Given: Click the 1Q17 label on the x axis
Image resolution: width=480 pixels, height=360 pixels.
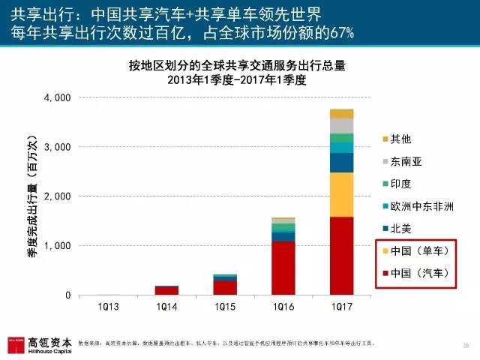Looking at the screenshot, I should coord(341,308).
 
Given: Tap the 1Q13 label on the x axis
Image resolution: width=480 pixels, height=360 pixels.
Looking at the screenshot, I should coord(107,308).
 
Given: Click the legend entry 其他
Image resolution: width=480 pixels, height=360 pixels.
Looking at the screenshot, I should coord(401,139).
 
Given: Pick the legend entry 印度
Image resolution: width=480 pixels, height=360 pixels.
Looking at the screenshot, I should coord(401,184).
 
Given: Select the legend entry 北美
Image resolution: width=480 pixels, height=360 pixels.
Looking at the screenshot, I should coord(401,228).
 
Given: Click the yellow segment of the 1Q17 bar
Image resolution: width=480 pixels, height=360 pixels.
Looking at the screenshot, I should coord(341,194).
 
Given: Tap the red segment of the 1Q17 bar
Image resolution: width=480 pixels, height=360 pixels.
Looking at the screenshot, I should coord(341,256).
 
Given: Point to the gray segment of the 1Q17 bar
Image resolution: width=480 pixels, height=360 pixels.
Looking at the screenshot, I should coord(341,125).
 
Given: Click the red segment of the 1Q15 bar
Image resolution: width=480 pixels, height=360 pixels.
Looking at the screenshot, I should coord(224,287).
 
